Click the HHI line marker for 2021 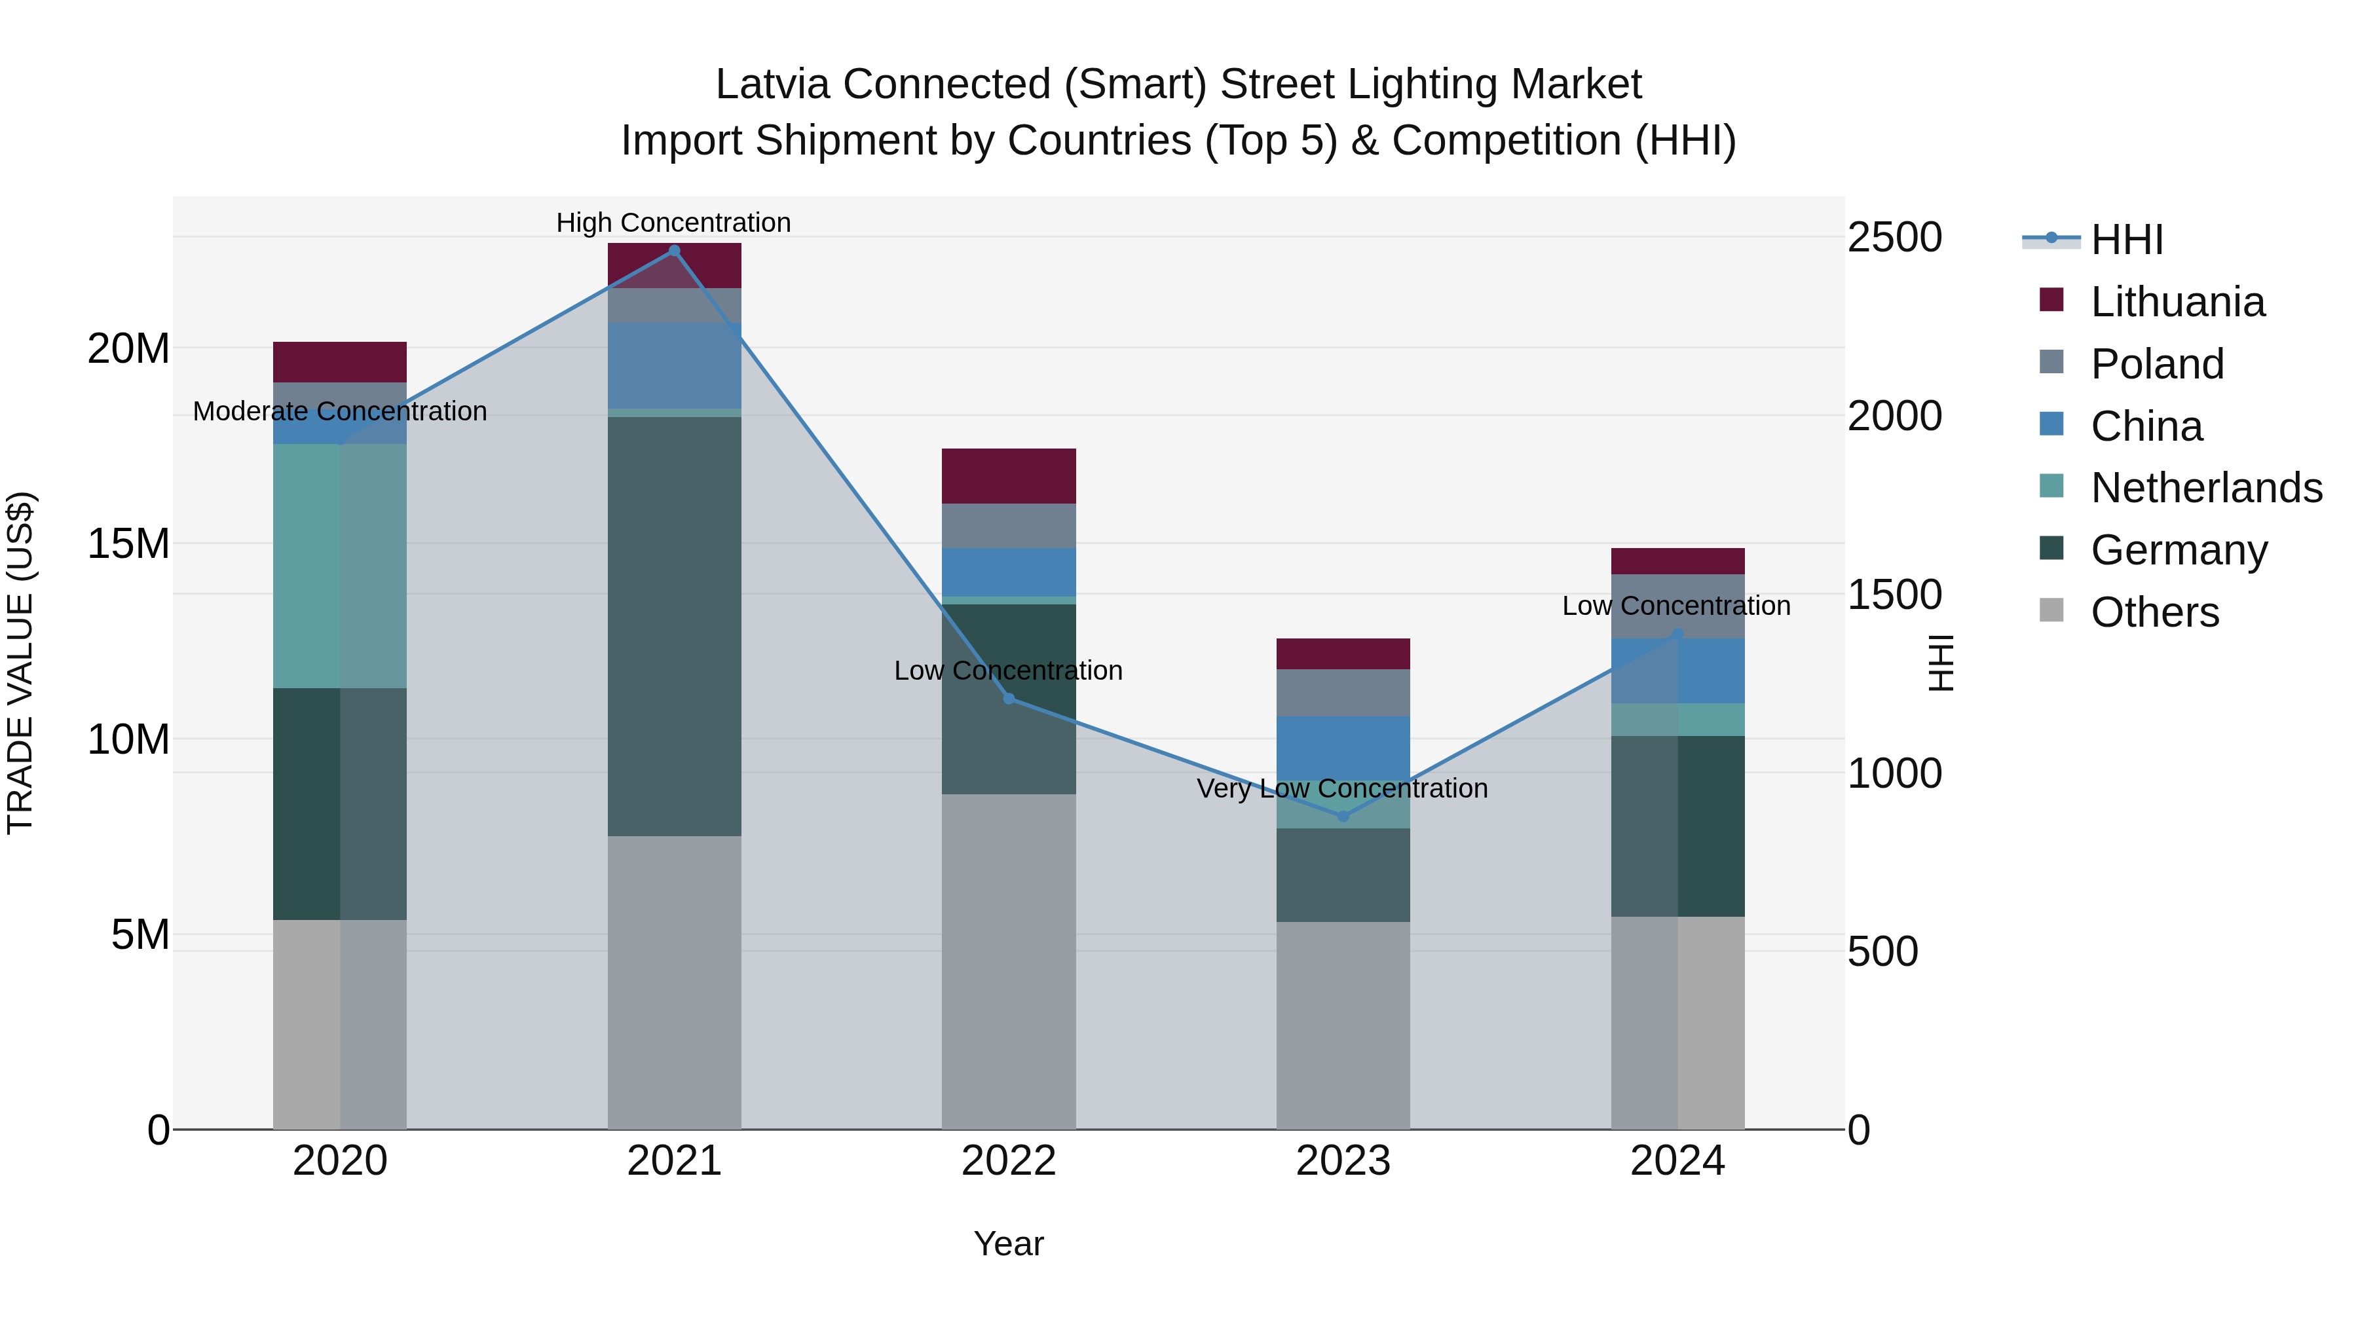tap(674, 251)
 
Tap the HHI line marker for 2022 tap(1009, 698)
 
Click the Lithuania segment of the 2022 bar tap(1009, 476)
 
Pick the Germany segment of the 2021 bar tap(674, 626)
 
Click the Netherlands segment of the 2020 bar tap(339, 566)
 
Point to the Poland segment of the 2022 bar tap(1009, 526)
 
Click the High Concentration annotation tap(674, 223)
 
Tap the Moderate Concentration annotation tap(339, 411)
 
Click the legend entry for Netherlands tap(2206, 488)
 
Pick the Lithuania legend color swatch tap(2051, 300)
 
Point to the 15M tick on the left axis tap(128, 543)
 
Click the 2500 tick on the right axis tap(1894, 238)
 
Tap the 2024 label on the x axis tap(1677, 1161)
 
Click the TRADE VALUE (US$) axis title tap(20, 663)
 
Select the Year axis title tap(1009, 1243)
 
